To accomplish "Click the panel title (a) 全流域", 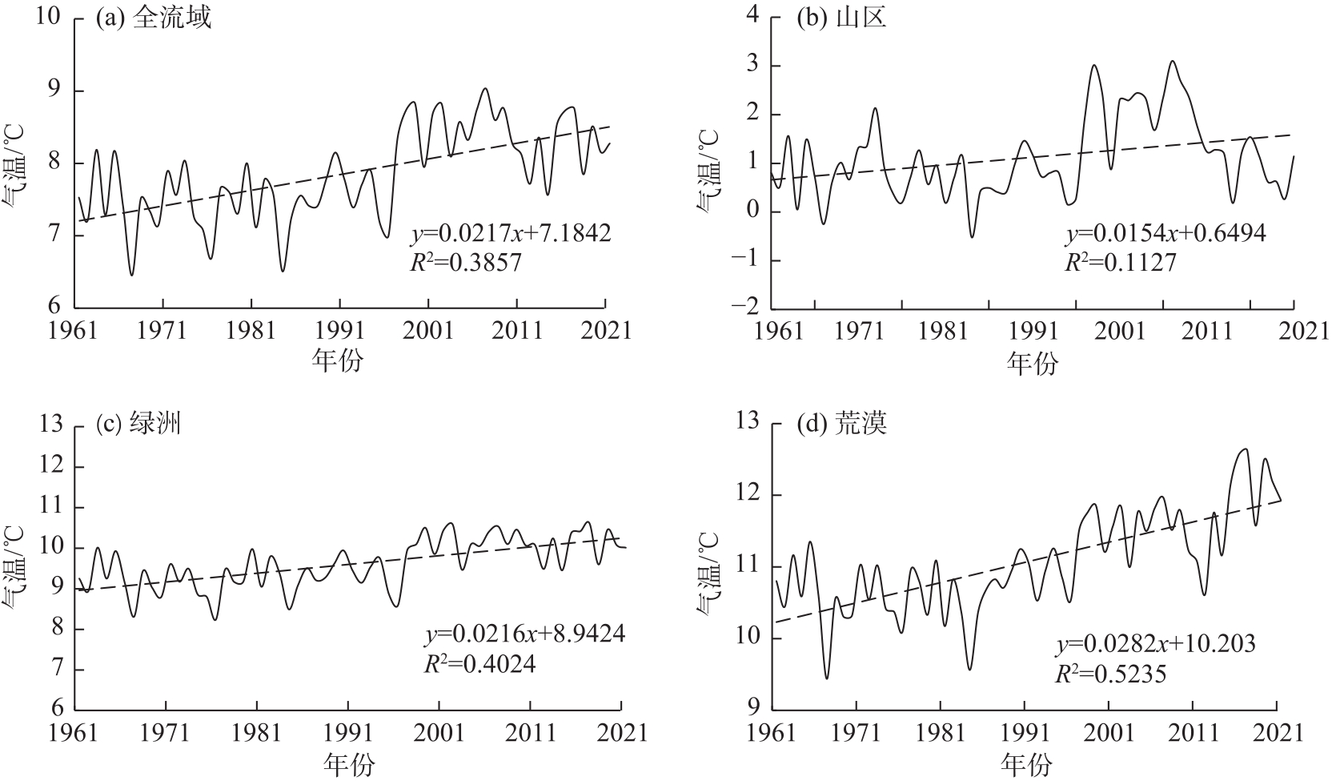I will coord(153,18).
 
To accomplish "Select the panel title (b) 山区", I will coord(841,18).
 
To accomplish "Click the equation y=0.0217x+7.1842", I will coord(511,233).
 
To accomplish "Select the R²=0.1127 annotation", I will coord(1120,262).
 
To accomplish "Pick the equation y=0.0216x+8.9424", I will coord(524,634).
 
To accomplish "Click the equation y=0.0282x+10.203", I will coord(1155,644).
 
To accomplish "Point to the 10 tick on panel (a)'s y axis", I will coord(49,19).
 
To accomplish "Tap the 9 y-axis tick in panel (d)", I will coord(752,710).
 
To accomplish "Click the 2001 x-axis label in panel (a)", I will coord(429,330).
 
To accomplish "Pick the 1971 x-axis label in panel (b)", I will coord(861,330).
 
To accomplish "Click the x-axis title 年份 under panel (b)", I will coord(1033,364).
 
